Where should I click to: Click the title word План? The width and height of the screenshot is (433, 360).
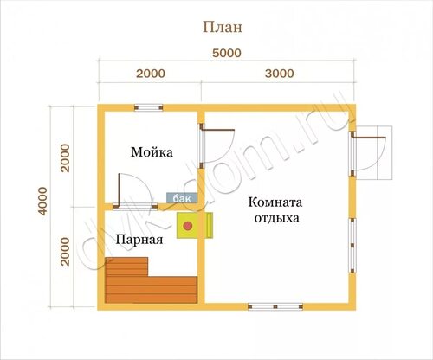tap(223, 28)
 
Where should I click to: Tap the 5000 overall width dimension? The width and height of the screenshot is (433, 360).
tap(227, 54)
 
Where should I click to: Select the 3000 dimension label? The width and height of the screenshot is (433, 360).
tap(280, 74)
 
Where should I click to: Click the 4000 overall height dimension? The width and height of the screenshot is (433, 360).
tap(42, 201)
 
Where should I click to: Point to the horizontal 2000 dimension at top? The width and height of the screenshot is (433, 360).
tap(151, 74)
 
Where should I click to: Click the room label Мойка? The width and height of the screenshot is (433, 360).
tap(152, 152)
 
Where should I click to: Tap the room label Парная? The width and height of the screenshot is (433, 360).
tap(139, 240)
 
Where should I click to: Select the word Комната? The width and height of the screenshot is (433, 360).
tap(275, 202)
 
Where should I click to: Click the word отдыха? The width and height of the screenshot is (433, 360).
tap(276, 218)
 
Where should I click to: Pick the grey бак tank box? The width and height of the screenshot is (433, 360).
tap(182, 198)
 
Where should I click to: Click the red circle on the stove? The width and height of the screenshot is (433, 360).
tap(188, 226)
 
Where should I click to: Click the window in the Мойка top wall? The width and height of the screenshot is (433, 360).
tap(149, 108)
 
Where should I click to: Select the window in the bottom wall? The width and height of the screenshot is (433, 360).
tap(275, 306)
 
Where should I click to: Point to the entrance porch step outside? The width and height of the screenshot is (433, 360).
tap(374, 153)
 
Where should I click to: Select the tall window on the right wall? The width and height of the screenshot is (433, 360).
tap(352, 245)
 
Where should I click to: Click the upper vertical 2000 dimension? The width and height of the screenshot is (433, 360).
tap(65, 157)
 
